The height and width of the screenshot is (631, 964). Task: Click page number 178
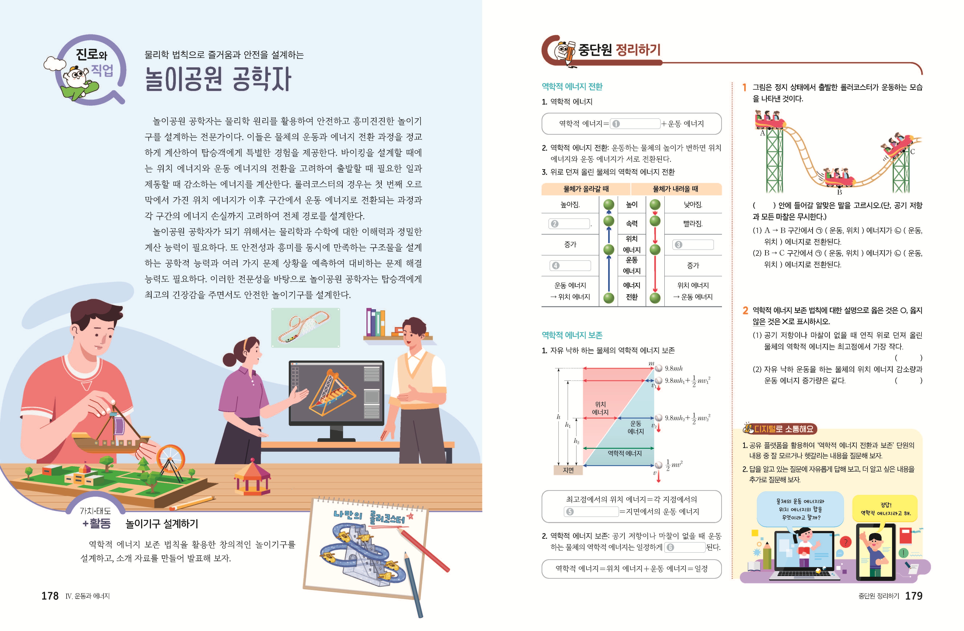click(50, 596)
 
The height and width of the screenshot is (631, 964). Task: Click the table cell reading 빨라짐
click(693, 223)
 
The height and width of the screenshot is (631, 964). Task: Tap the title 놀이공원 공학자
click(218, 79)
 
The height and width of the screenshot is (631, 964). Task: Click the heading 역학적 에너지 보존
click(572, 335)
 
